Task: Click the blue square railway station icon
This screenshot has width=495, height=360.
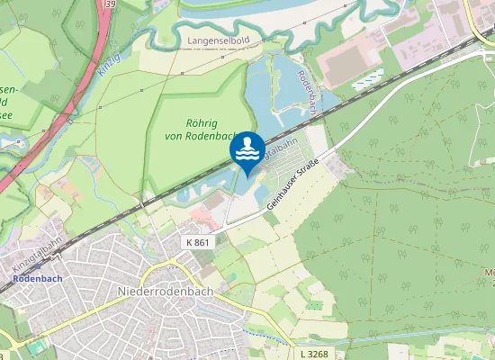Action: (8, 279)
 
